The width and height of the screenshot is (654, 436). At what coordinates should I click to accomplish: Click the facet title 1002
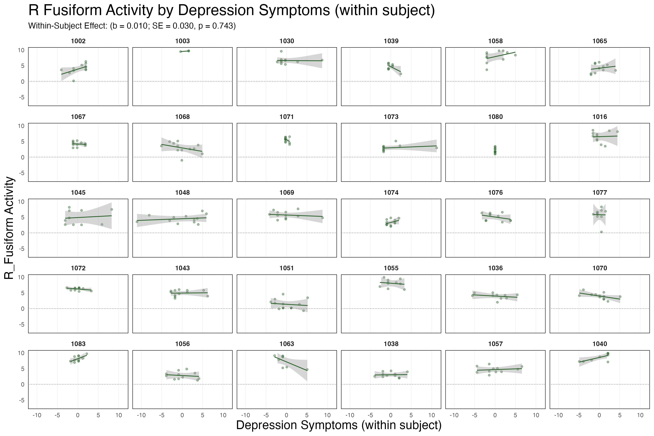(78, 41)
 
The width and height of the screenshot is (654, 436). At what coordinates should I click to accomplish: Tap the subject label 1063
(287, 344)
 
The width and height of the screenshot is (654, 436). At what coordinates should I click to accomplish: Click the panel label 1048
(182, 192)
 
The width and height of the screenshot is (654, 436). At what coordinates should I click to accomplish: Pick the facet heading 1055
(391, 268)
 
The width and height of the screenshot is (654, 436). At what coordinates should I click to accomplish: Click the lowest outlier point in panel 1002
(73, 81)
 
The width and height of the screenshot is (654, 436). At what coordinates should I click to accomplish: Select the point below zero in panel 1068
(182, 160)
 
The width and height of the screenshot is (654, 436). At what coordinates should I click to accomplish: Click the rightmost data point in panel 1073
(437, 148)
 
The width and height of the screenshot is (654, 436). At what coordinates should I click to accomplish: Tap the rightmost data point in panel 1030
(322, 60)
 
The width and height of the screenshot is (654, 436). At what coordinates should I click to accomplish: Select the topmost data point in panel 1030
(281, 51)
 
